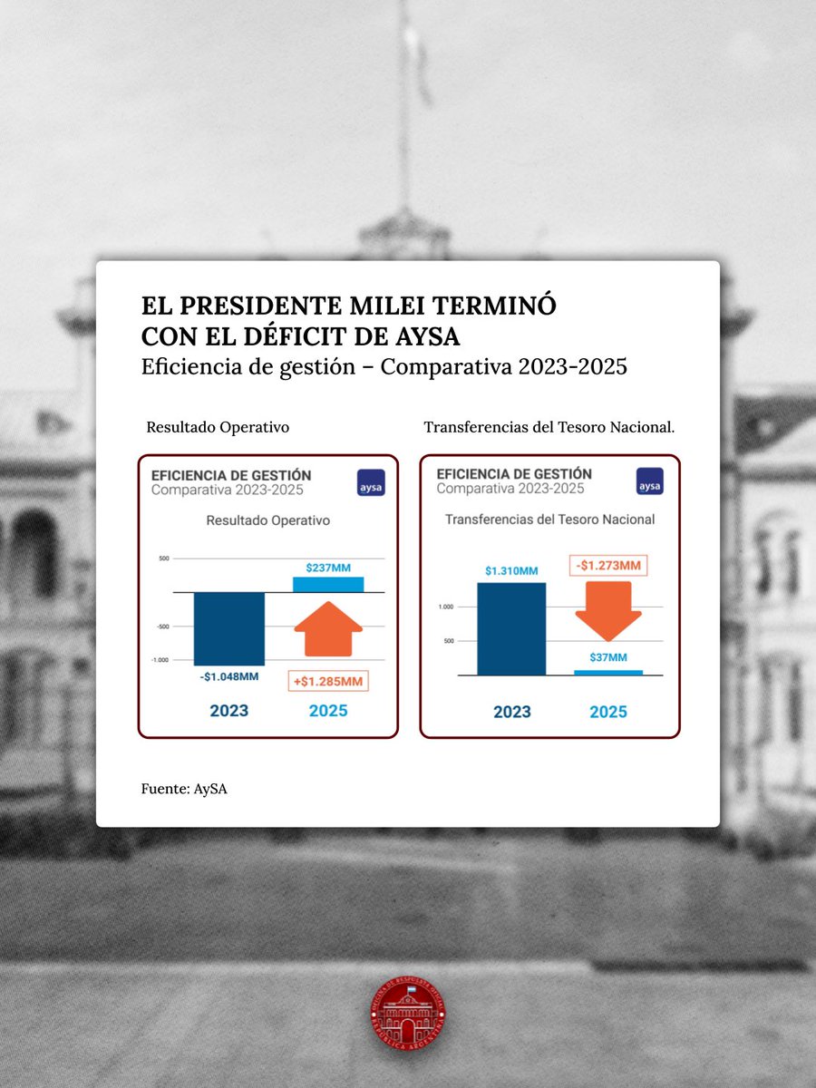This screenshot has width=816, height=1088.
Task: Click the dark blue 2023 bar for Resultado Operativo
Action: click(229, 628)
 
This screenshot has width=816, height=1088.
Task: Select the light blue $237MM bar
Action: click(328, 585)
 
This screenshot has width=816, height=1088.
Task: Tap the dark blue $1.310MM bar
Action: click(511, 628)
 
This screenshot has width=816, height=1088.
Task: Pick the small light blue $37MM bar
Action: click(608, 673)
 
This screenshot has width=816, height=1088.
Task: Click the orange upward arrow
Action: click(328, 628)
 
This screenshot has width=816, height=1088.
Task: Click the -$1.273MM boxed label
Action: click(608, 566)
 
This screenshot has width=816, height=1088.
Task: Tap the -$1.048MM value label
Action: click(229, 676)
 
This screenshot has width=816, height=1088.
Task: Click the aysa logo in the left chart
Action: click(371, 482)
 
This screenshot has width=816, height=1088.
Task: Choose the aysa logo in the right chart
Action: click(649, 481)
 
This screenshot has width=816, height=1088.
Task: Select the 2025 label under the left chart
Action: click(328, 711)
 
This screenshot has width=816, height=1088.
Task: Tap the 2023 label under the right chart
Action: click(511, 713)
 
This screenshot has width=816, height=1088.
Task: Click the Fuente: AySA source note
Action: click(184, 789)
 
